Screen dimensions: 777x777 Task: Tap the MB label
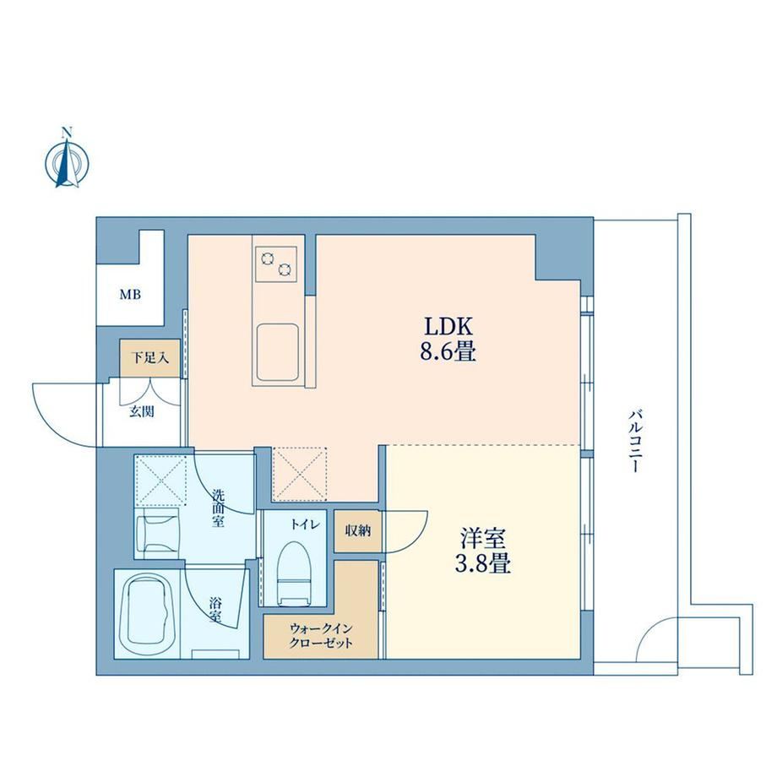[x=130, y=295]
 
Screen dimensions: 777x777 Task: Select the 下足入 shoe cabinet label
[x=149, y=357]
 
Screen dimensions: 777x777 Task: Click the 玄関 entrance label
[x=142, y=410]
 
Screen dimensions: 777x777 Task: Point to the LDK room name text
[x=448, y=327]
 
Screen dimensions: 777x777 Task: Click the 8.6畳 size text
[x=448, y=352]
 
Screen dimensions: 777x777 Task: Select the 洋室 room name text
[x=482, y=539]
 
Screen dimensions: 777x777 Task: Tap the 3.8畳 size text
[x=482, y=564]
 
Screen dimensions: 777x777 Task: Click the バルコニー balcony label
[x=635, y=441]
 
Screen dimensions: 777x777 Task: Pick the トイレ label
[x=306, y=524]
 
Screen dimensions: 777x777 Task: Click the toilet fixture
[x=293, y=573]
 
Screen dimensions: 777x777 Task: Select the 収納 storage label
[x=358, y=530]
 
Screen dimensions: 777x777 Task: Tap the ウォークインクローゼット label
[x=321, y=636]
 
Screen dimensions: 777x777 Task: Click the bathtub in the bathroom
[x=147, y=613]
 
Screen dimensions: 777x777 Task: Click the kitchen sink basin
[x=278, y=352]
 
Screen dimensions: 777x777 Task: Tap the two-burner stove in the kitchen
[x=276, y=264]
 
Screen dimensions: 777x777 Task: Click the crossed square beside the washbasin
[x=160, y=480]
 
